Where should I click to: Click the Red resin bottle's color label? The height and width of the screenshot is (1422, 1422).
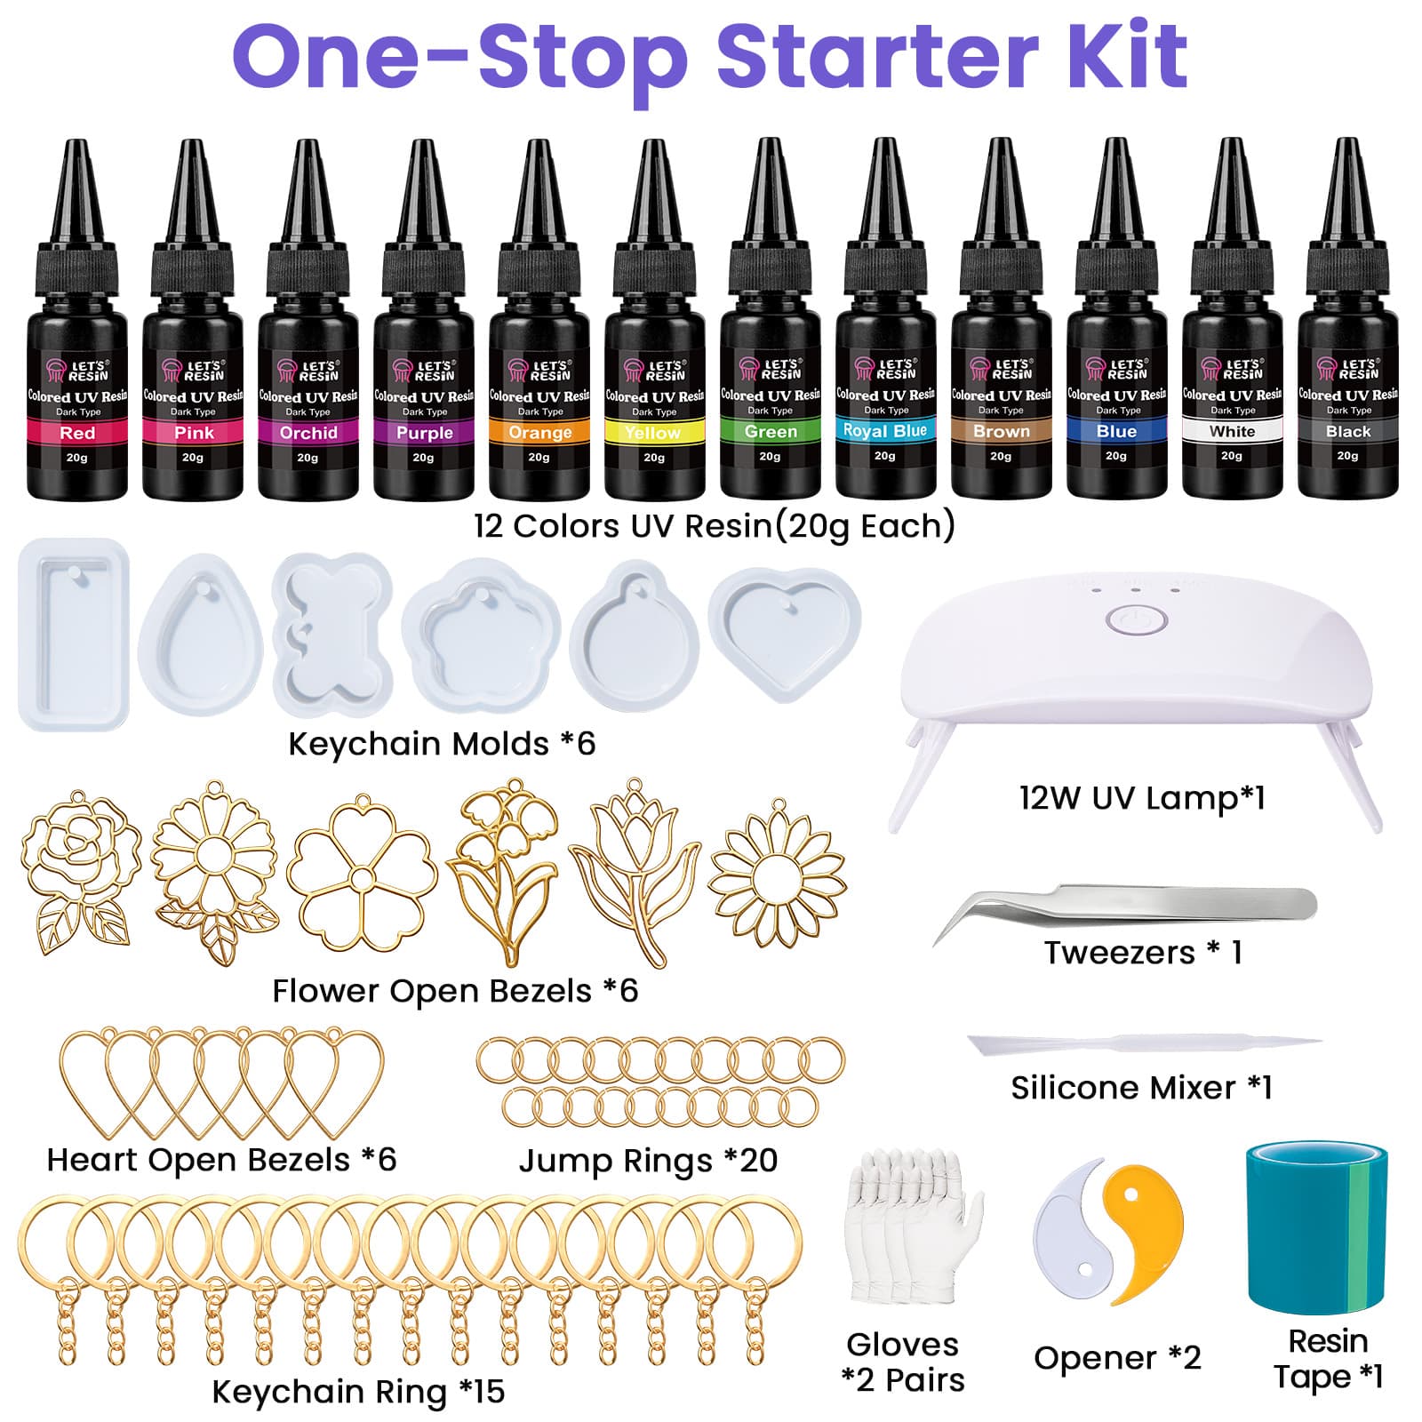(x=77, y=433)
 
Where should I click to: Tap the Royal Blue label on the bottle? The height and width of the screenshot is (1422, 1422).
(x=885, y=431)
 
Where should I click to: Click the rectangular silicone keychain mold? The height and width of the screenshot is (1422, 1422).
(x=74, y=635)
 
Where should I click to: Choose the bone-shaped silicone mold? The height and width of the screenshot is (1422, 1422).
(x=332, y=634)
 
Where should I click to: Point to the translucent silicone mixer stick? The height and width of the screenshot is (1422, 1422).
(x=1144, y=1043)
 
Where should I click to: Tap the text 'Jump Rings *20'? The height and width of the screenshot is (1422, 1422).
(x=648, y=1160)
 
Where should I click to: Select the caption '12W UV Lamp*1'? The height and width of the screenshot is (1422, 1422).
(x=1142, y=797)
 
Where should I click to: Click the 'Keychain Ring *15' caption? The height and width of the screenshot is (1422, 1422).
(x=358, y=1391)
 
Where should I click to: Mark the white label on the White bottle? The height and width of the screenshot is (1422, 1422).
(x=1232, y=431)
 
